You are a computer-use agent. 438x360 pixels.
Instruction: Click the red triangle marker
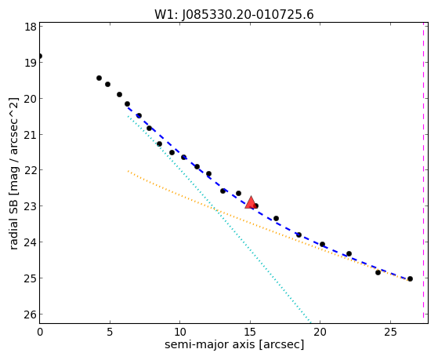tap(251, 202)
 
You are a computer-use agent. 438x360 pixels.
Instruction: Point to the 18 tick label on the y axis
tap(31, 27)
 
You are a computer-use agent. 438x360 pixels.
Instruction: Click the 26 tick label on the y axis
tap(31, 315)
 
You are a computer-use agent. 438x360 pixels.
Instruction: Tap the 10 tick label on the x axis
tap(180, 332)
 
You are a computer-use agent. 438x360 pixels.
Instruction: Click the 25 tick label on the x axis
tap(390, 332)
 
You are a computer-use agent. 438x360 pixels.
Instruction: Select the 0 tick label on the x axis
tap(40, 332)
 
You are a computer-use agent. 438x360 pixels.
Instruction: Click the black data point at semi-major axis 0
tap(40, 56)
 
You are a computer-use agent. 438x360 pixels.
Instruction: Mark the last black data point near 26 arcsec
tap(410, 278)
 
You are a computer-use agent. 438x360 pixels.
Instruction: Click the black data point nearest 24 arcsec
tap(378, 272)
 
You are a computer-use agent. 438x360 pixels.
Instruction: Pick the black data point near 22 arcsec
tap(349, 253)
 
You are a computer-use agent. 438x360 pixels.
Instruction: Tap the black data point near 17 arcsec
tap(276, 218)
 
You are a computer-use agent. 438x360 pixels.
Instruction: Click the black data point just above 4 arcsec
tap(99, 78)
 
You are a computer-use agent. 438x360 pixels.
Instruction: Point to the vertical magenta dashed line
tap(423, 171)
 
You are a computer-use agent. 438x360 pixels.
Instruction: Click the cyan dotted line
tap(219, 218)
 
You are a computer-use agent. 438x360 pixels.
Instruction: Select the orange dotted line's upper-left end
tap(128, 171)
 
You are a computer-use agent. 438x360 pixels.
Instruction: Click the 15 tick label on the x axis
tap(250, 332)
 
